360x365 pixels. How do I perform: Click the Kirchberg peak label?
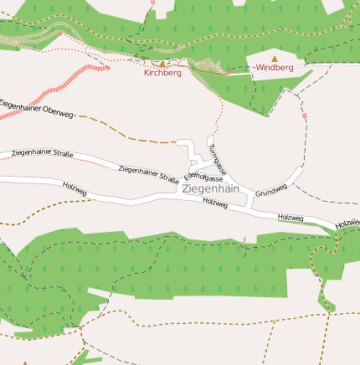click(x=162, y=73)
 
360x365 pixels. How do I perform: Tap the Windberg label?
click(x=275, y=67)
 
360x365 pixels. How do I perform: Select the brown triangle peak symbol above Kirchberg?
click(x=162, y=64)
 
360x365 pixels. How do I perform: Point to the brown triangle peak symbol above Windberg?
click(x=274, y=59)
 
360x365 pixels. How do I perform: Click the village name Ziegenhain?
click(x=210, y=189)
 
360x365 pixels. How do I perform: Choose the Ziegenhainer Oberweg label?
click(x=38, y=107)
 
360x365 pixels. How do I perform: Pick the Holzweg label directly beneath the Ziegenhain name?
click(x=216, y=203)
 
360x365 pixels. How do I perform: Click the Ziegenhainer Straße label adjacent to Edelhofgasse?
click(x=149, y=173)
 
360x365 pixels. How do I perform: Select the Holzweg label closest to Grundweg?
click(x=291, y=218)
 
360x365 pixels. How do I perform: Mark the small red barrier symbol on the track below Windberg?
click(x=306, y=116)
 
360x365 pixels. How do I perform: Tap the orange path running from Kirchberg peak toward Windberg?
click(x=209, y=71)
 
